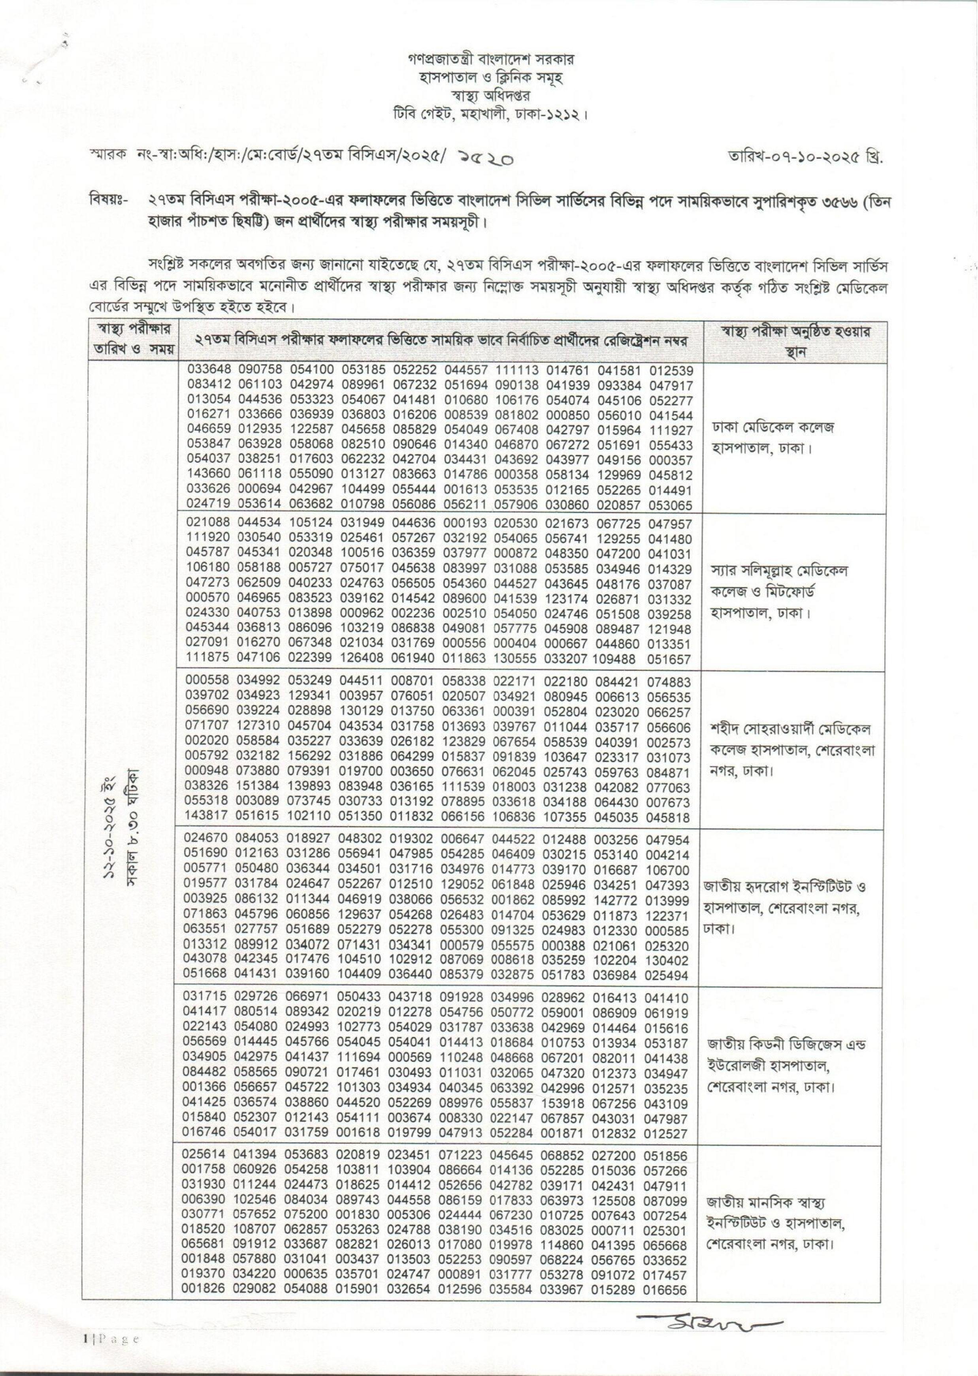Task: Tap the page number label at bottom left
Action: (x=112, y=1335)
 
